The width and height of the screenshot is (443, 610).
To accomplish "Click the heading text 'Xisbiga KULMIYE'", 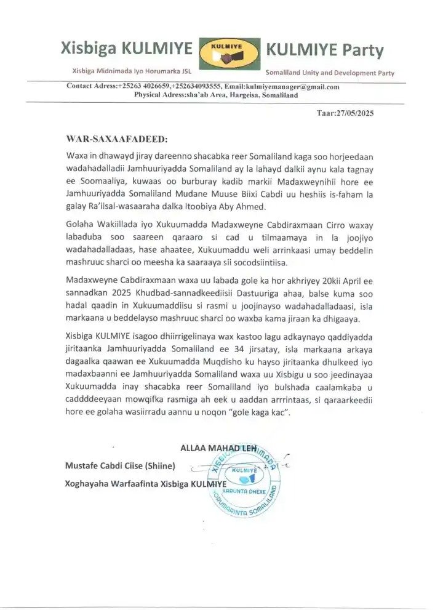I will (x=126, y=49).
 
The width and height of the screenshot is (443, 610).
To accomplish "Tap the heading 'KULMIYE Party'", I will (x=324, y=50).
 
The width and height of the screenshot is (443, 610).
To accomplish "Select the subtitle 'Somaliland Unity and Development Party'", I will (x=330, y=73).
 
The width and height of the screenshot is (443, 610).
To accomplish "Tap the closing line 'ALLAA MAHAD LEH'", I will (x=218, y=447).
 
